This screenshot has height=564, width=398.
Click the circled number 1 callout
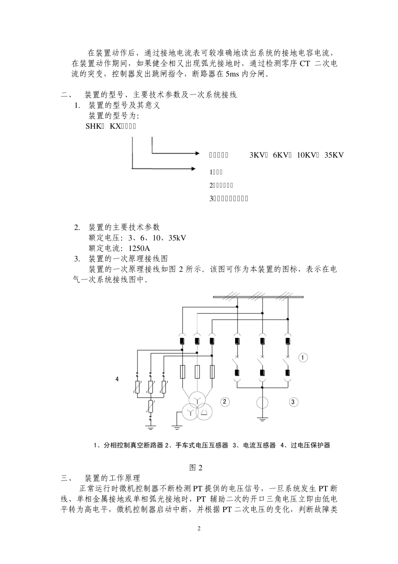(303, 358)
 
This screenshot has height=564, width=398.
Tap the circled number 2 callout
(225, 402)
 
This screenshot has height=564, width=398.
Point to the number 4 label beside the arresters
(117, 379)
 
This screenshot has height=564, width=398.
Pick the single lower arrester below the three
(150, 406)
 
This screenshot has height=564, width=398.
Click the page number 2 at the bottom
(199, 528)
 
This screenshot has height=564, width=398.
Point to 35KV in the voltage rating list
(334, 155)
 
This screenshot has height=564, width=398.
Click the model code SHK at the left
(91, 126)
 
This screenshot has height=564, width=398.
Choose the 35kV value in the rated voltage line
(177, 238)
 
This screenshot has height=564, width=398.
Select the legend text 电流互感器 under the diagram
(259, 445)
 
